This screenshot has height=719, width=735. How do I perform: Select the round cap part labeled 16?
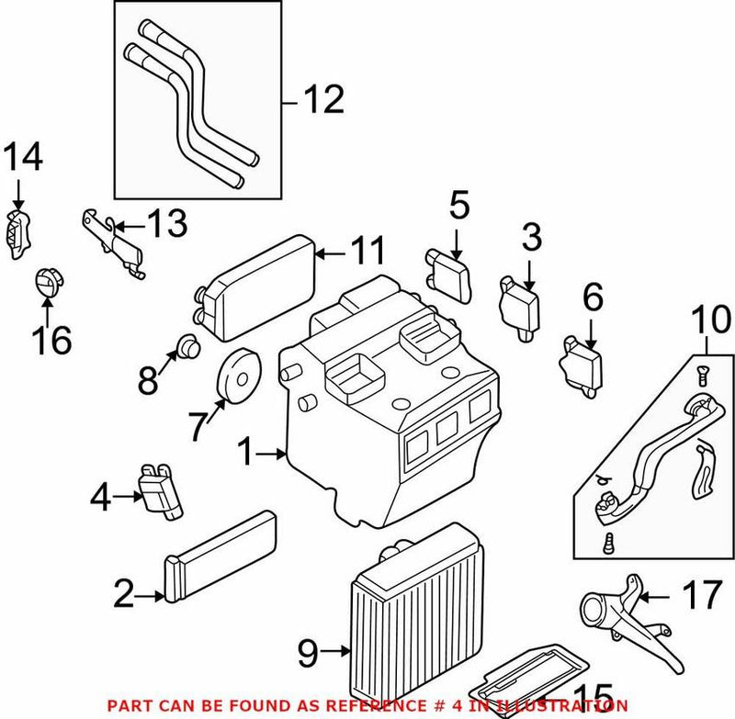point(46,283)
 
